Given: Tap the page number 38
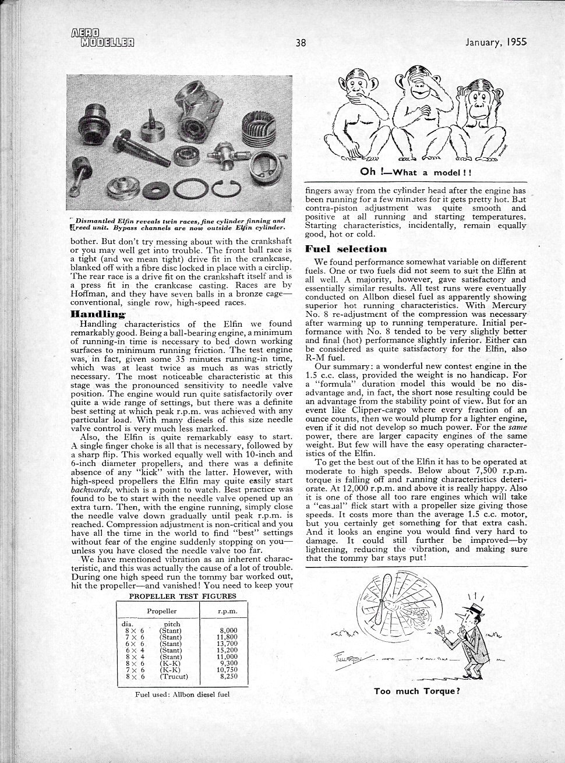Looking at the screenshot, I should pyautogui.click(x=301, y=42).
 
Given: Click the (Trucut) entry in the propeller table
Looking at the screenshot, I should pyautogui.click(x=174, y=677).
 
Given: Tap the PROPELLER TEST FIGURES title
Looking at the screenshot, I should pyautogui.click(x=182, y=596).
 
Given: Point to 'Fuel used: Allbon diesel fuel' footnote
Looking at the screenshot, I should pyautogui.click(x=182, y=694).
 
